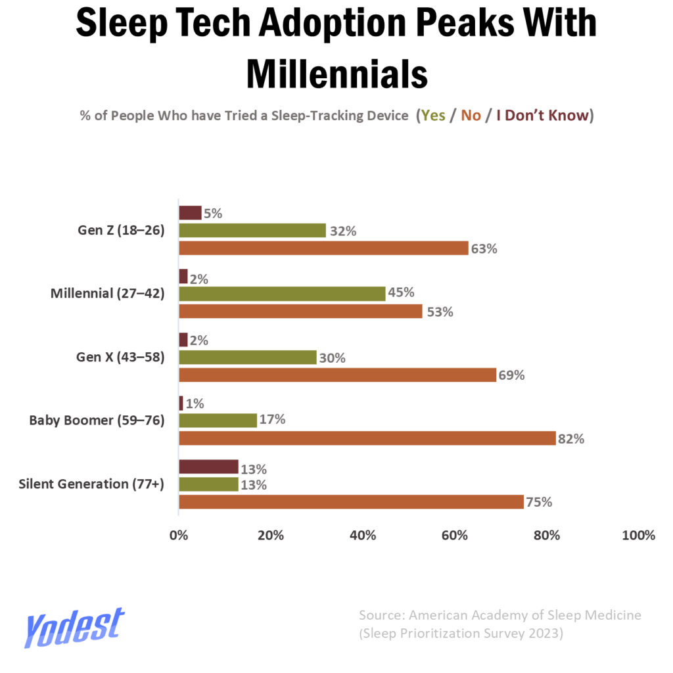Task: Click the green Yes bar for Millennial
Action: click(282, 294)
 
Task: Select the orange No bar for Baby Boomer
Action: click(367, 438)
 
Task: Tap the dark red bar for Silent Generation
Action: click(208, 467)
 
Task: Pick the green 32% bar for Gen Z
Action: click(252, 231)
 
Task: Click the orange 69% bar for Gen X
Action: click(337, 375)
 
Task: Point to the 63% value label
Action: click(484, 249)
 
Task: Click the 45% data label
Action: click(401, 293)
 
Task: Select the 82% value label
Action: click(571, 439)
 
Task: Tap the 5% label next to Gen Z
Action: click(213, 214)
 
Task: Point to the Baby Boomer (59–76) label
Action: click(97, 420)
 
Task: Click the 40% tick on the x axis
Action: click(363, 535)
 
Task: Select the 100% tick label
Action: click(639, 535)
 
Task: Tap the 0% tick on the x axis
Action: click(179, 535)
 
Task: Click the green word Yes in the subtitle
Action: click(432, 116)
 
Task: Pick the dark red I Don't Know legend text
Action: click(542, 116)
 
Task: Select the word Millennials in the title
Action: click(336, 74)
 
